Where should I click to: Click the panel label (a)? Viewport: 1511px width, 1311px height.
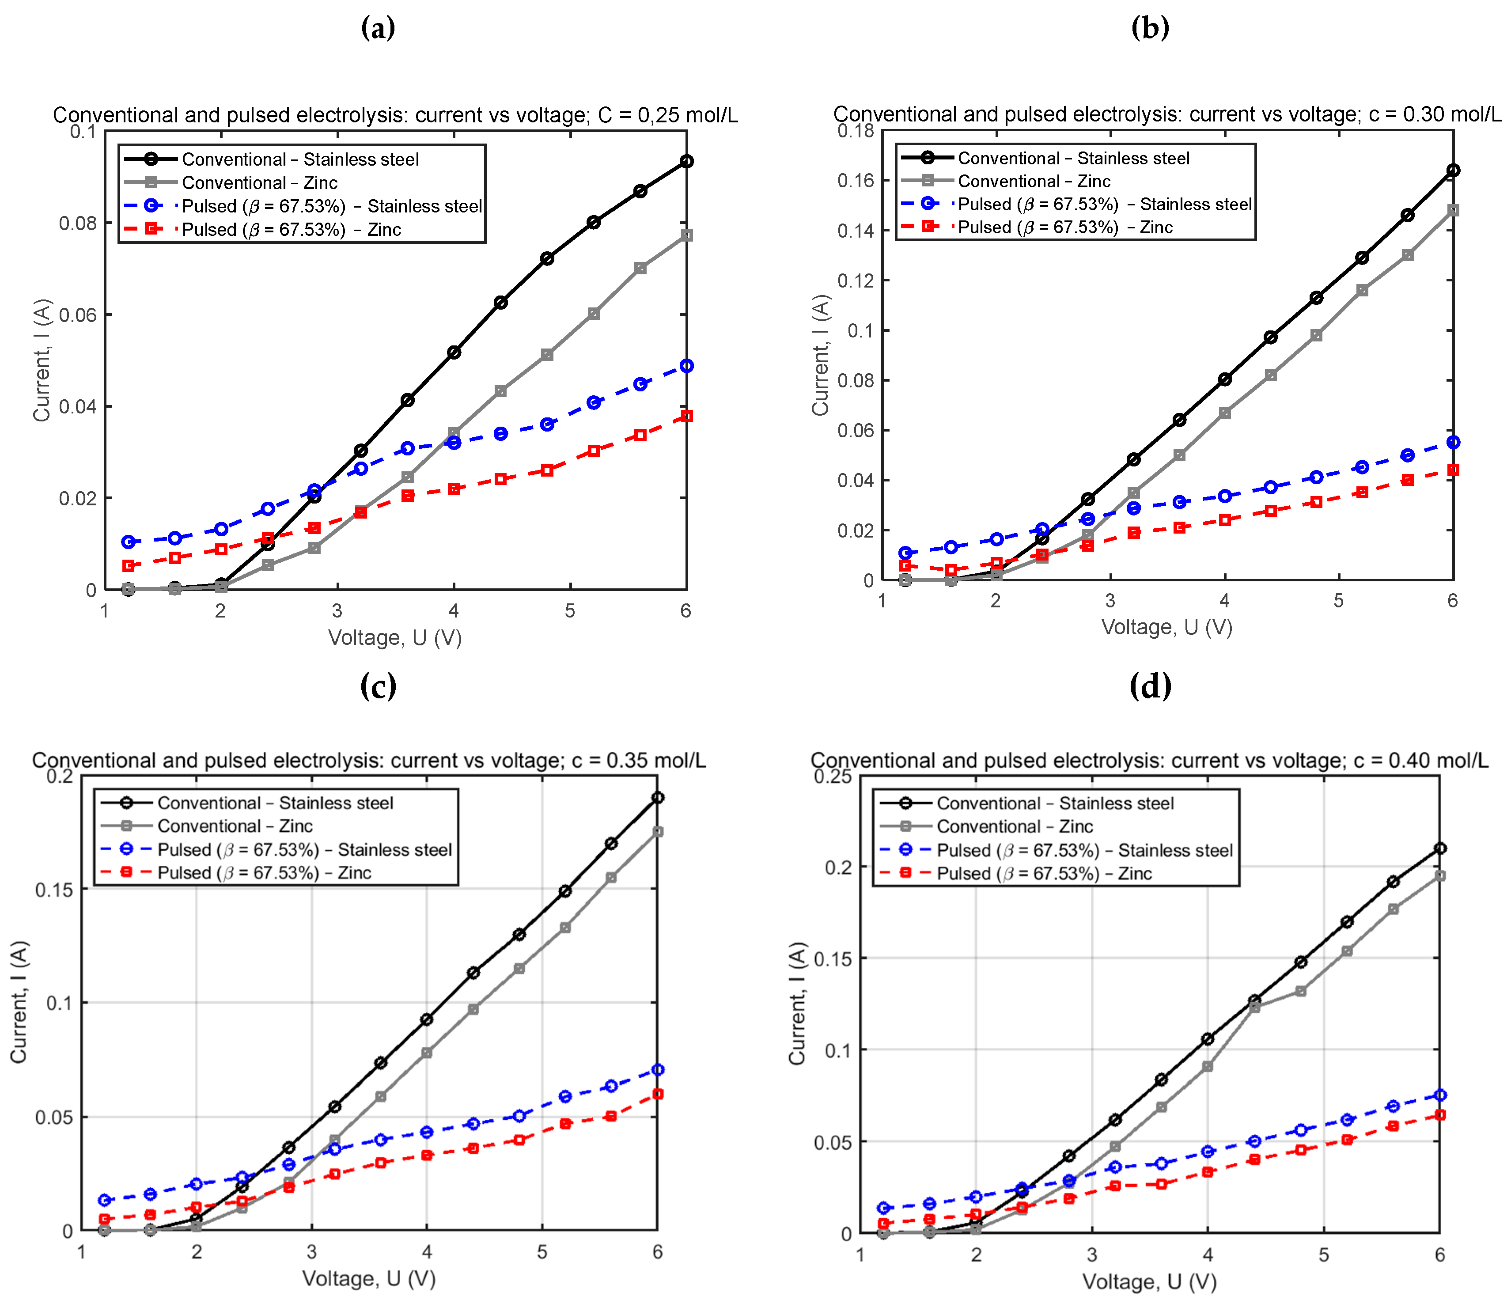[378, 29]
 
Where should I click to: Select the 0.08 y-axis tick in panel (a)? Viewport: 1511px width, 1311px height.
[78, 223]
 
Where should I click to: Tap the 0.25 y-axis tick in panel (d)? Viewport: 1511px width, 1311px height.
[832, 776]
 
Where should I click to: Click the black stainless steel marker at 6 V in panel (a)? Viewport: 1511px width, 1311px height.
[686, 161]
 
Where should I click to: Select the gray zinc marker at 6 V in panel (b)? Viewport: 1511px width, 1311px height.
[1453, 210]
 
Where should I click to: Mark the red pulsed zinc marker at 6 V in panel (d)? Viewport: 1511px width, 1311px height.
[1440, 1115]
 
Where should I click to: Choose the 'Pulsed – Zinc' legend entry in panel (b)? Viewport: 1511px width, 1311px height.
[1064, 227]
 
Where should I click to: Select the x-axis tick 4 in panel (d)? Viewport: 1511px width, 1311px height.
[1208, 1255]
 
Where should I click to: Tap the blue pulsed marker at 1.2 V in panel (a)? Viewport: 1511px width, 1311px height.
[129, 542]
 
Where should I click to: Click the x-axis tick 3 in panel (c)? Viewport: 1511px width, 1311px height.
[311, 1253]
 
